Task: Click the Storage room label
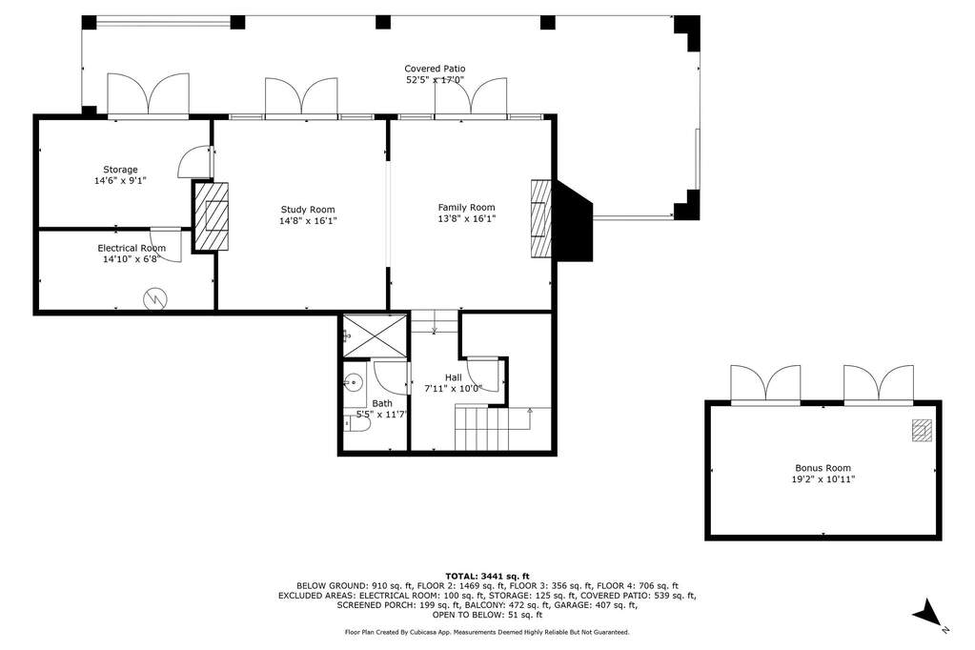(120, 170)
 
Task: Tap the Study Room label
(308, 210)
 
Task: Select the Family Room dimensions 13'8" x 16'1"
(466, 219)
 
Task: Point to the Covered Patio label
(435, 69)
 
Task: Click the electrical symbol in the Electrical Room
(155, 299)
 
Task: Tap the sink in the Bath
(355, 381)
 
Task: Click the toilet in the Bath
(356, 424)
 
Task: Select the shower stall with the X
(375, 336)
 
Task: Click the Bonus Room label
(823, 468)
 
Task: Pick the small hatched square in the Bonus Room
(923, 431)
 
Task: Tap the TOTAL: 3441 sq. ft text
(488, 576)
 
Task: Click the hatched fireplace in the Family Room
(541, 219)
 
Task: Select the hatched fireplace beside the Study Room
(212, 216)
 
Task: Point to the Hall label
(454, 377)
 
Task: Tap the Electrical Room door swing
(166, 245)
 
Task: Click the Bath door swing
(391, 378)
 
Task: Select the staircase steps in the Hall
(482, 428)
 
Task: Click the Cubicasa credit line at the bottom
(487, 632)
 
